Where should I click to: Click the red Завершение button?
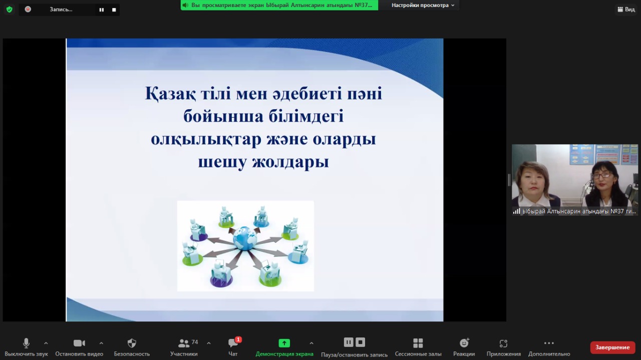coord(612,347)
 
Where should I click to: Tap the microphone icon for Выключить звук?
coord(26,343)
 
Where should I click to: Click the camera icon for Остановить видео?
coord(79,343)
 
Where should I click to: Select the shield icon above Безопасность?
coord(132,343)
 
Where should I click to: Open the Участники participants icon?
coord(183,343)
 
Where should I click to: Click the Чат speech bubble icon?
coord(232,343)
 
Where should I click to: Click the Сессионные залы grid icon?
coord(418,343)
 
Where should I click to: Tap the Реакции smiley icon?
coord(464,343)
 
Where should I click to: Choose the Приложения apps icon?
coord(503,343)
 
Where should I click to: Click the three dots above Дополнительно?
coord(549,343)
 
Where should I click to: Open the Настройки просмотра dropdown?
coord(423,5)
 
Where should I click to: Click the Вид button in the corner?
coord(626,9)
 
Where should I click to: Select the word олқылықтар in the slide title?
coord(206,139)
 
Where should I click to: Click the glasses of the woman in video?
coord(601,175)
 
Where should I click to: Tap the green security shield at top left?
coord(9,9)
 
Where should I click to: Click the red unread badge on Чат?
coord(238,339)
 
